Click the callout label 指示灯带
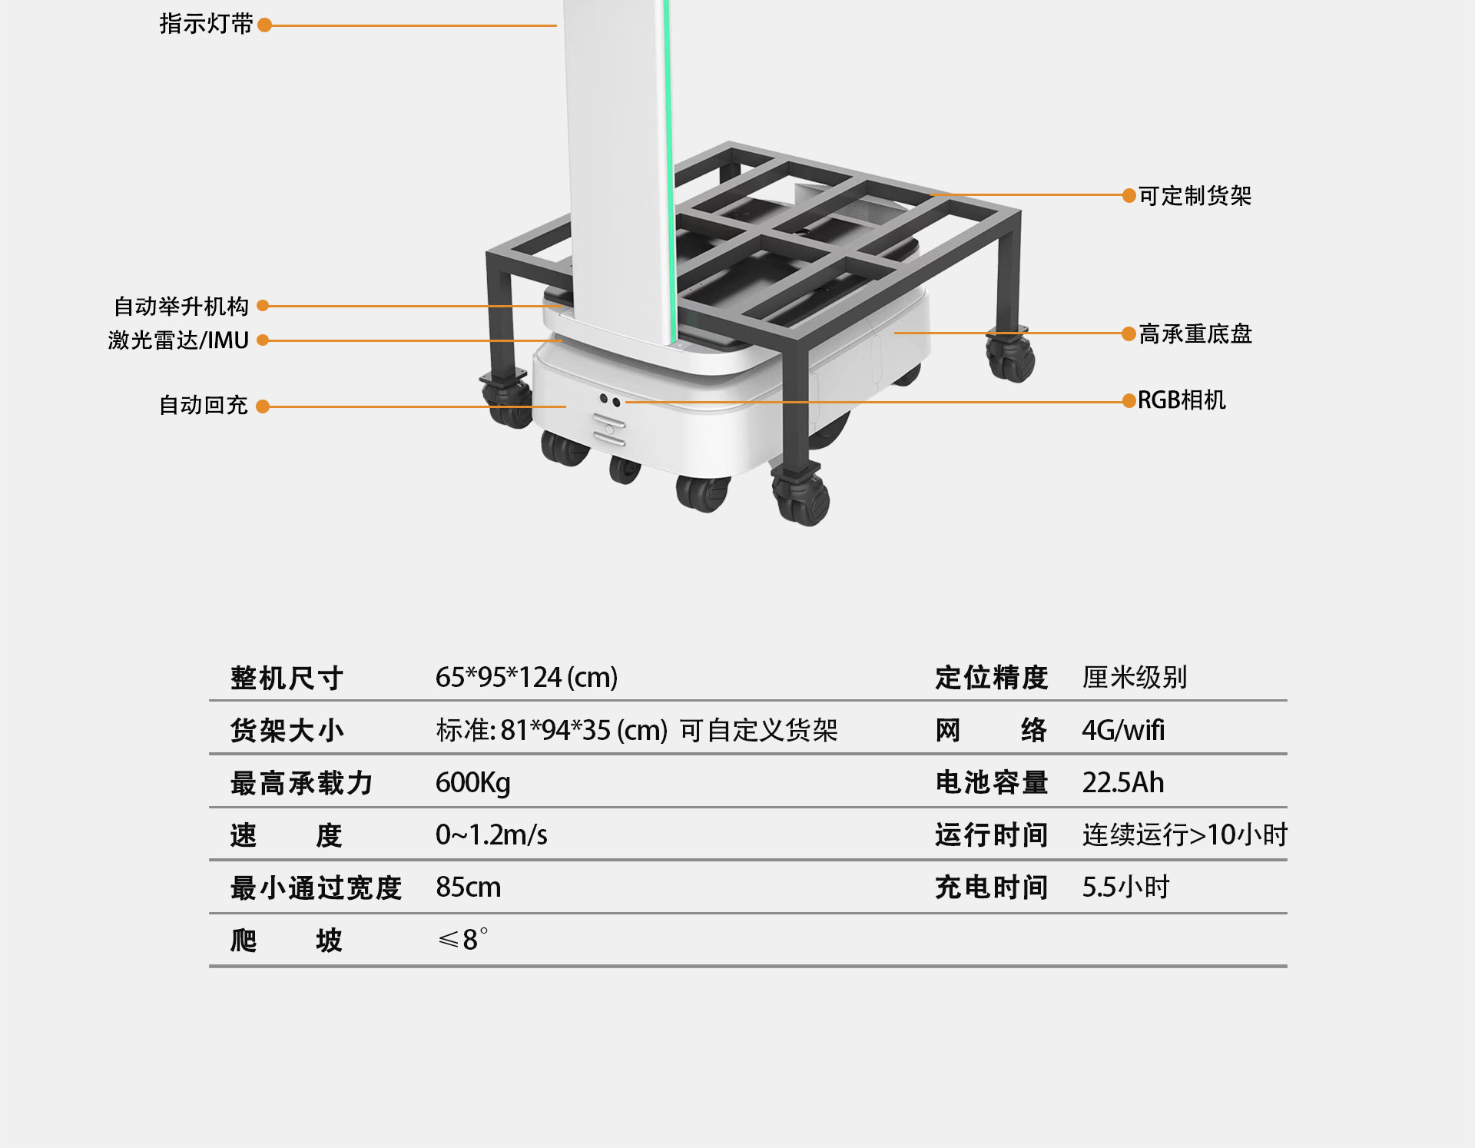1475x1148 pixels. point(206,25)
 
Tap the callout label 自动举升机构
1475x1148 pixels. point(181,306)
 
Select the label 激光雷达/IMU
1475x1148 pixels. point(178,340)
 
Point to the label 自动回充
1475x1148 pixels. point(203,405)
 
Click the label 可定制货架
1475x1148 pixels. point(1195,196)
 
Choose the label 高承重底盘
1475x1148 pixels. point(1195,333)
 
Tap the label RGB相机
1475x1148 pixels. point(1182,400)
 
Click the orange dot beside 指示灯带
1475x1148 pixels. point(265,25)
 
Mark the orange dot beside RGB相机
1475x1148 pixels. point(1129,400)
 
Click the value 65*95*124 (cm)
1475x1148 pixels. point(526,677)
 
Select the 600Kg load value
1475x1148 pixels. point(473,782)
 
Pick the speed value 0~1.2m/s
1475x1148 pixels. point(492,834)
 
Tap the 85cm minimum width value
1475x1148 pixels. point(469,887)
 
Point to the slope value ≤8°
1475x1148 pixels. point(462,939)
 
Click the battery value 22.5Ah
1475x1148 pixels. point(1123,782)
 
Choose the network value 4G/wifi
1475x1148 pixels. point(1123,730)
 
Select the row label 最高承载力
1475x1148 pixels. point(302,783)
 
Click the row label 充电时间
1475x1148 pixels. point(992,887)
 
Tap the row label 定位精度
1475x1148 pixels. point(992,677)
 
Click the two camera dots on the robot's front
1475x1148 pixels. point(610,400)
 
